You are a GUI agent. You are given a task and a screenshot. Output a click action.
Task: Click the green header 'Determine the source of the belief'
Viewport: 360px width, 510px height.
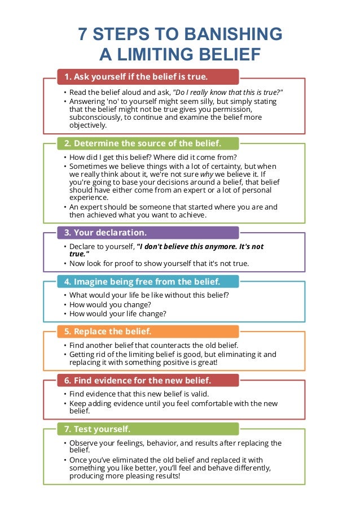(x=148, y=143)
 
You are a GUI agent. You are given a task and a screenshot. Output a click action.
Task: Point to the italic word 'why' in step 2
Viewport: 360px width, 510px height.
(x=207, y=174)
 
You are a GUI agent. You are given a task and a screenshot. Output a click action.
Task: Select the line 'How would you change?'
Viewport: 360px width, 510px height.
(x=107, y=304)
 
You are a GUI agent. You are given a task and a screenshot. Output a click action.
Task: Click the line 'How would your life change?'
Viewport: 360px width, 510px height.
(x=118, y=313)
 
